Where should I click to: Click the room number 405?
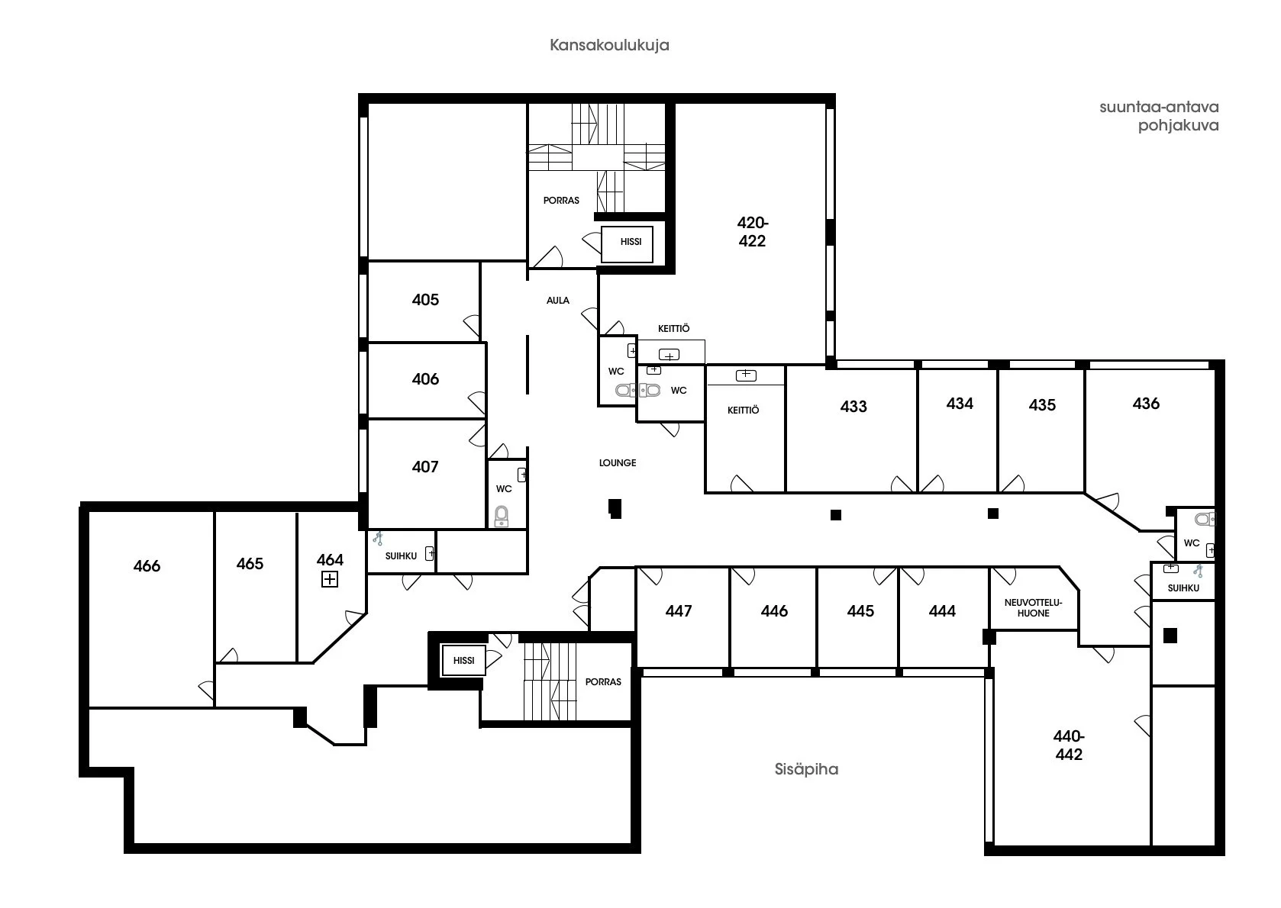(x=425, y=299)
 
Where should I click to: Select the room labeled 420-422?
(x=752, y=231)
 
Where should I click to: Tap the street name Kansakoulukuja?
(x=609, y=45)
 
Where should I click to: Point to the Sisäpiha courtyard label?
(x=806, y=769)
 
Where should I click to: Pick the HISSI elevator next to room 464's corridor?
(x=463, y=661)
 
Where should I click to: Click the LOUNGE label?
(x=617, y=463)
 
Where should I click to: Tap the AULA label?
(x=557, y=301)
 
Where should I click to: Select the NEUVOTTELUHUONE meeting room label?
(x=1034, y=608)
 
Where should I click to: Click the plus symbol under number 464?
(x=329, y=579)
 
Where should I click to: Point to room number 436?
(x=1145, y=404)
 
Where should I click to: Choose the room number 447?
(x=678, y=611)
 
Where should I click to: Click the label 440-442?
(x=1068, y=745)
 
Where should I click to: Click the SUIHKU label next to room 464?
(x=400, y=556)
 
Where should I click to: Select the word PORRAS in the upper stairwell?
(x=561, y=201)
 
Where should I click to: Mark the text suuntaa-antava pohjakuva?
(x=1159, y=116)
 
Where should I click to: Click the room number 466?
(x=147, y=565)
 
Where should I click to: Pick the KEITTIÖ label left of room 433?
(x=743, y=411)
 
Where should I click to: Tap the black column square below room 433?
(x=835, y=515)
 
